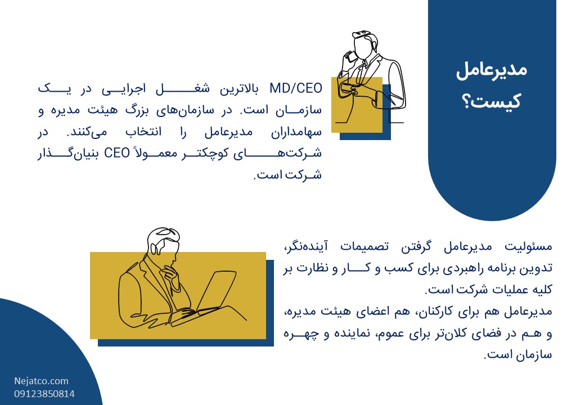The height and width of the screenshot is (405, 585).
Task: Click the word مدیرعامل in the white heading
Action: (x=491, y=70)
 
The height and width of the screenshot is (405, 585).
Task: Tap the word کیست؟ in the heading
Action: (x=491, y=101)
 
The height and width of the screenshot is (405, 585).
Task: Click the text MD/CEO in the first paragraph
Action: (x=296, y=89)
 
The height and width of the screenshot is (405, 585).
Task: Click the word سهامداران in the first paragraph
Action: (x=296, y=132)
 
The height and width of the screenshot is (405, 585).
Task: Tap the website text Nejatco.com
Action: (x=42, y=381)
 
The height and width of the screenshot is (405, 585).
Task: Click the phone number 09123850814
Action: (x=44, y=394)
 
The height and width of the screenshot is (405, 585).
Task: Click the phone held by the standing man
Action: (x=350, y=56)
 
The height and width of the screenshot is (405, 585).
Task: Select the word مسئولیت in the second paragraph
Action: (x=528, y=246)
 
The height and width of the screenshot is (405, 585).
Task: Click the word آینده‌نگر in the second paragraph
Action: (x=307, y=246)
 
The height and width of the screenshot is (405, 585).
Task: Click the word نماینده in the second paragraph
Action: (x=353, y=333)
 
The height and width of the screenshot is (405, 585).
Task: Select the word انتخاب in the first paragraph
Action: (x=143, y=132)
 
